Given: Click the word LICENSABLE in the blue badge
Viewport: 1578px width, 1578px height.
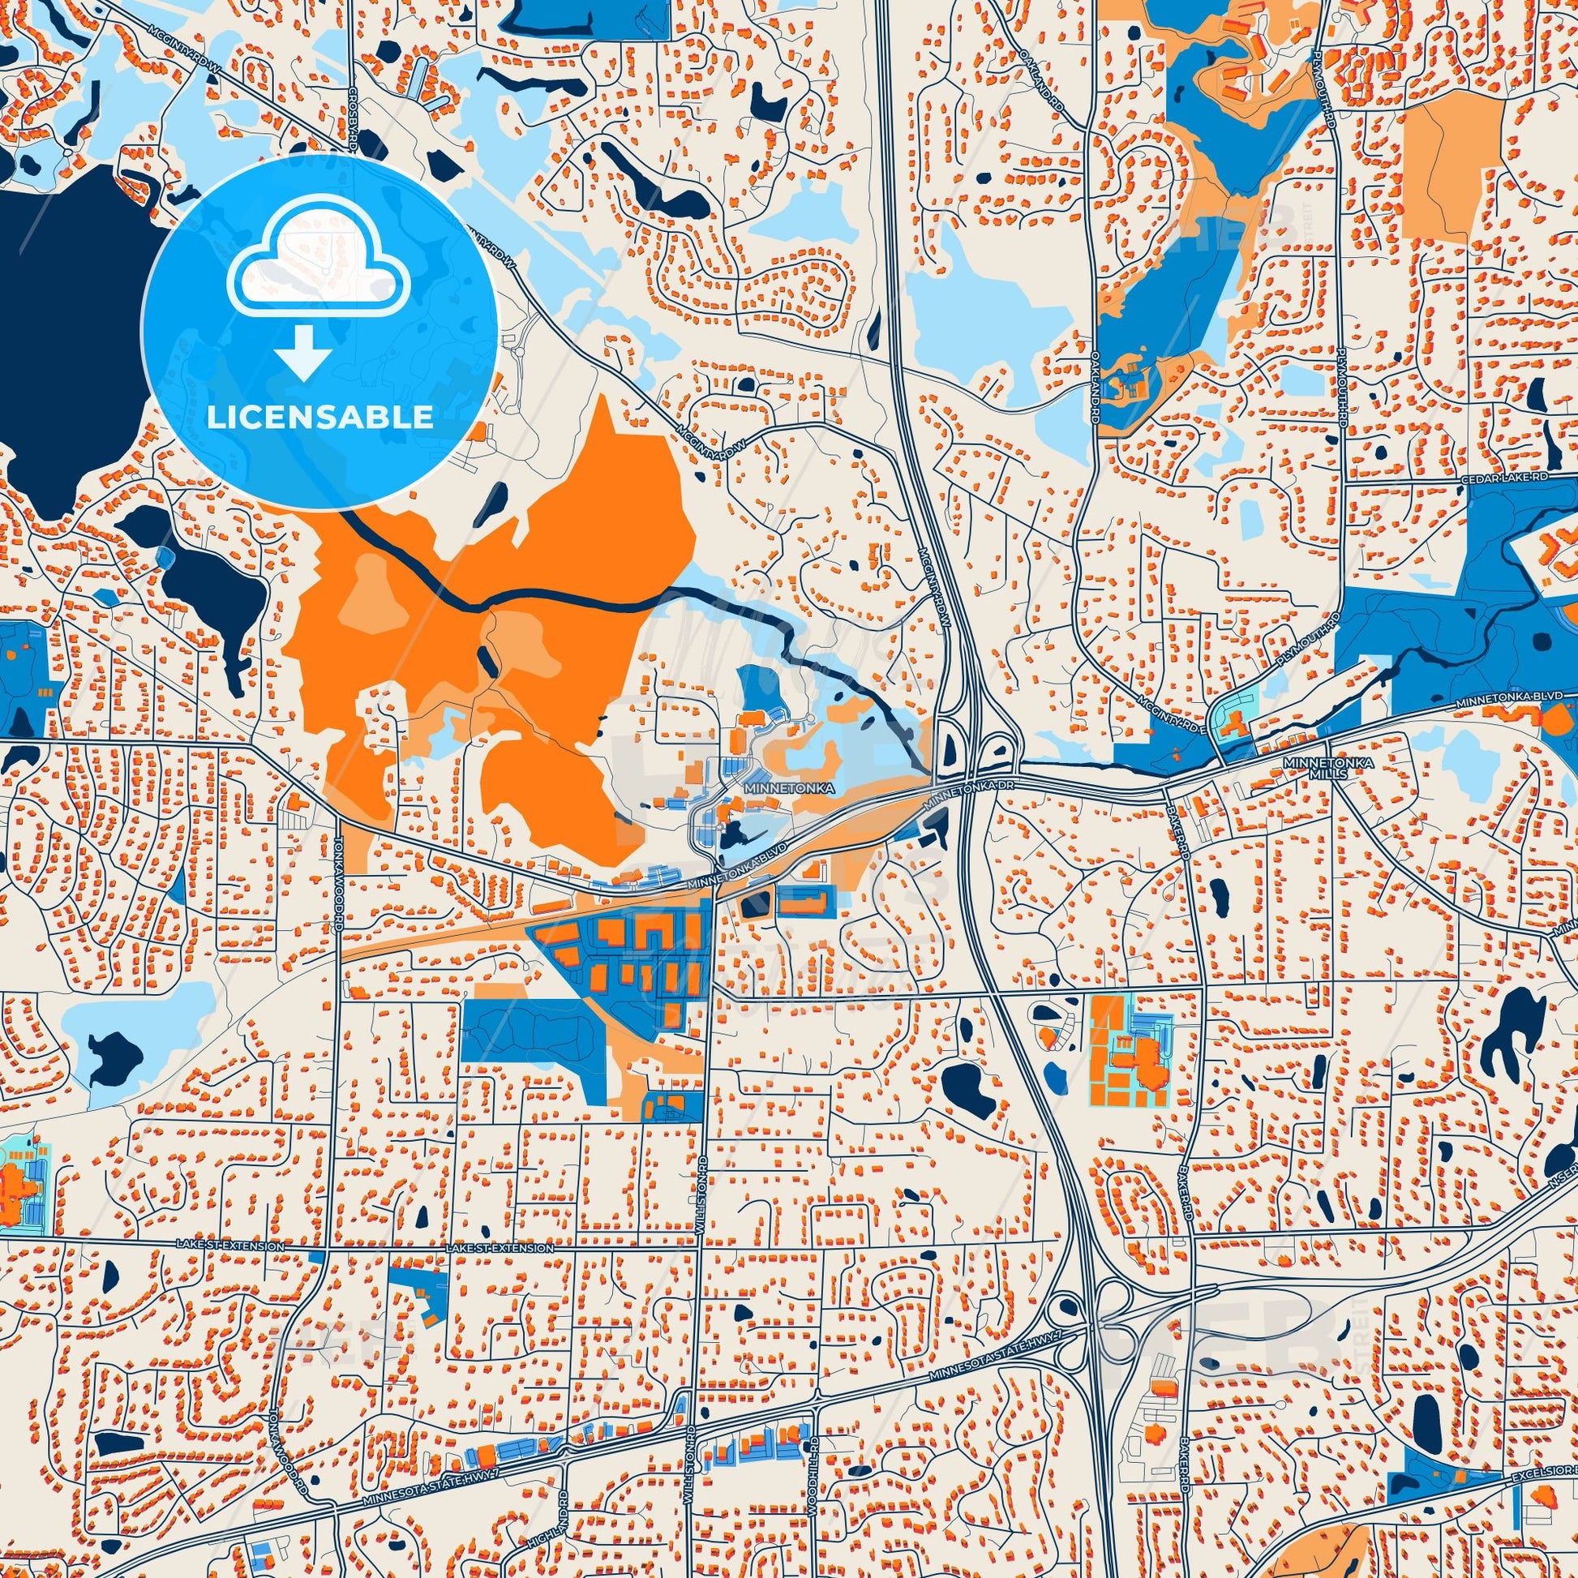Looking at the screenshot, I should (319, 418).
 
